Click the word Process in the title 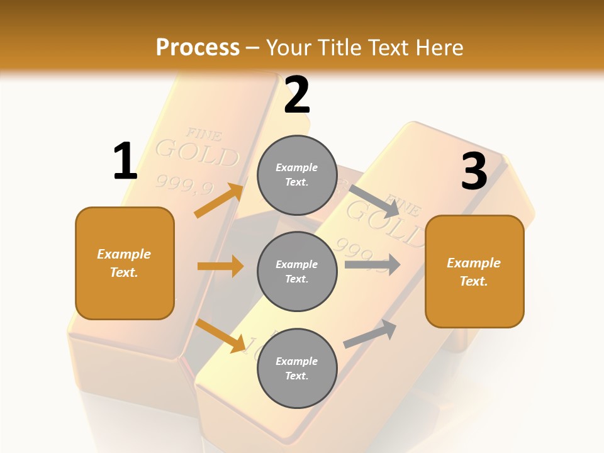click(x=198, y=47)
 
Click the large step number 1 click(x=125, y=162)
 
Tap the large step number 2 click(x=297, y=95)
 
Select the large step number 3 click(x=474, y=172)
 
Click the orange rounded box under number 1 click(x=125, y=263)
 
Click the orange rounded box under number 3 click(x=474, y=271)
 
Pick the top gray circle click(x=297, y=175)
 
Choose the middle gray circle click(x=297, y=271)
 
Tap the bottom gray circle click(x=297, y=368)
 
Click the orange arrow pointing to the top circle click(x=219, y=200)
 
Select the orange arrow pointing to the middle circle click(x=220, y=266)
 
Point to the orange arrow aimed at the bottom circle click(x=220, y=335)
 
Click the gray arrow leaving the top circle click(x=375, y=201)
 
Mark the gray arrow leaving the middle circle click(x=372, y=264)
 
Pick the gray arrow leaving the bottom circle click(x=370, y=333)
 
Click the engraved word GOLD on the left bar click(x=197, y=153)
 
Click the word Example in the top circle click(x=297, y=167)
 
